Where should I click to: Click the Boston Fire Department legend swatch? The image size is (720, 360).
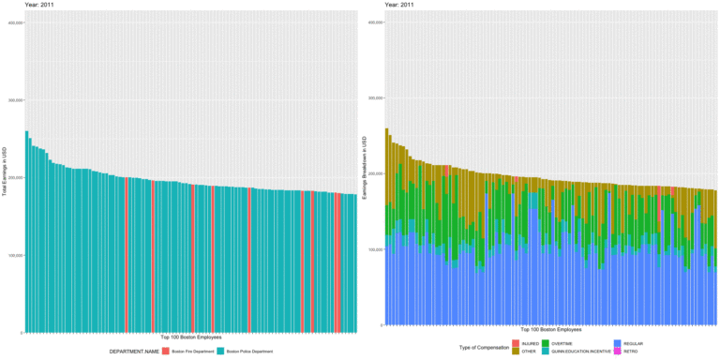tap(166, 351)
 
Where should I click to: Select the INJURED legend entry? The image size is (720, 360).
tap(515, 344)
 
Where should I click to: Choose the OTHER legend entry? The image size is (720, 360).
tap(515, 351)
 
